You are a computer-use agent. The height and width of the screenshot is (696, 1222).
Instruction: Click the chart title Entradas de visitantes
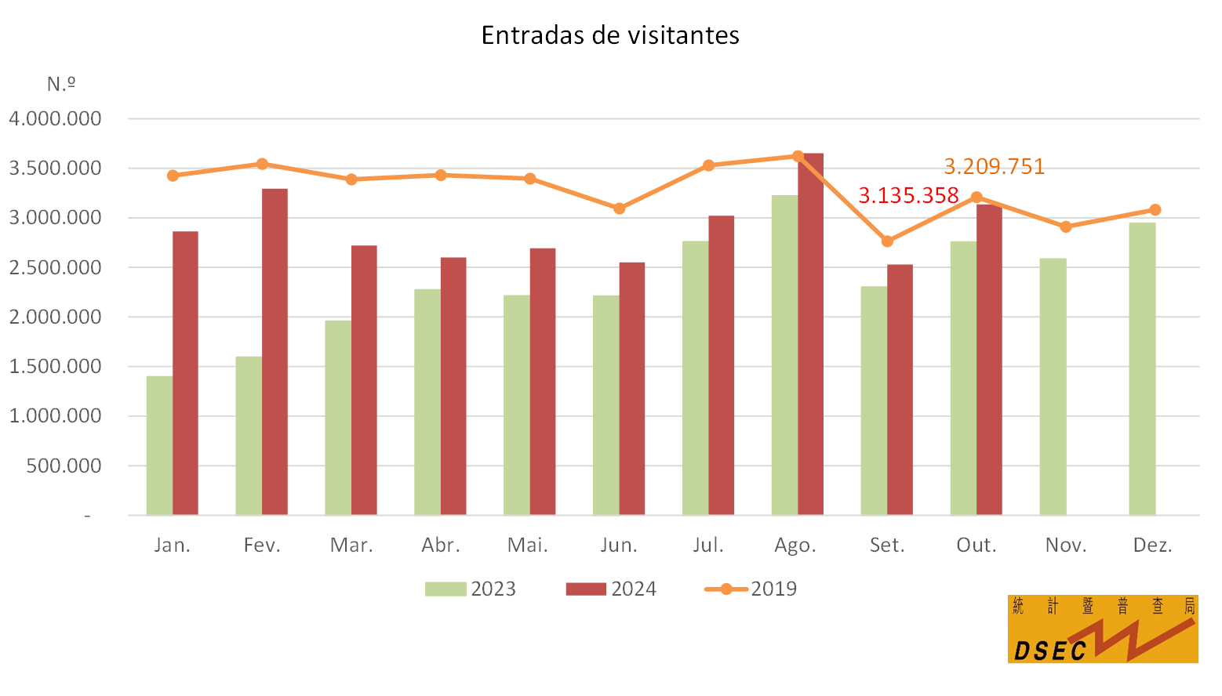(610, 35)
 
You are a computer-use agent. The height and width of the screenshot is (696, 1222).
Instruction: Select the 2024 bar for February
(275, 352)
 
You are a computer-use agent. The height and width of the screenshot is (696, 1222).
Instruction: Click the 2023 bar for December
(1142, 368)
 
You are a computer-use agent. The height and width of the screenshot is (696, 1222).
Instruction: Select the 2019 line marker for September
(887, 241)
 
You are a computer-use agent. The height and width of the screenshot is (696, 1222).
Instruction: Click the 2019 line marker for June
(619, 208)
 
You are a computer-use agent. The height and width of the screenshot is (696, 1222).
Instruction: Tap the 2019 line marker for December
(1155, 210)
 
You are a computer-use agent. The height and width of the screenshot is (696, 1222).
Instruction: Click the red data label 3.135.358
(908, 195)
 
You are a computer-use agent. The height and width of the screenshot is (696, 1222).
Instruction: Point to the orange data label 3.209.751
(994, 167)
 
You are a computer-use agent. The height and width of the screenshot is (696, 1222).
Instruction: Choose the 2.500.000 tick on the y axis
(55, 267)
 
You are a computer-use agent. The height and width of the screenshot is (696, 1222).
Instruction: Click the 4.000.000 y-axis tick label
(55, 118)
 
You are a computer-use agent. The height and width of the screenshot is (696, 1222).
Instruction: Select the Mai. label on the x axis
(528, 546)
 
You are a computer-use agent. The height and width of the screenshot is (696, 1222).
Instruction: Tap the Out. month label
(977, 546)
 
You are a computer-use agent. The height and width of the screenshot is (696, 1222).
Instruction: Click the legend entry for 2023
(471, 589)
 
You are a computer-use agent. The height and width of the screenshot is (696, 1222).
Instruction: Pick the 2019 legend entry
(751, 589)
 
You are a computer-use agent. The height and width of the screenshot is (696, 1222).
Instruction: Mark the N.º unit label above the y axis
(61, 84)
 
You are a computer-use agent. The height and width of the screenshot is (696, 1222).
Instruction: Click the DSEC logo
(1102, 629)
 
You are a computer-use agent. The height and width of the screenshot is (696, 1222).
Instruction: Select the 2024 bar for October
(989, 360)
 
